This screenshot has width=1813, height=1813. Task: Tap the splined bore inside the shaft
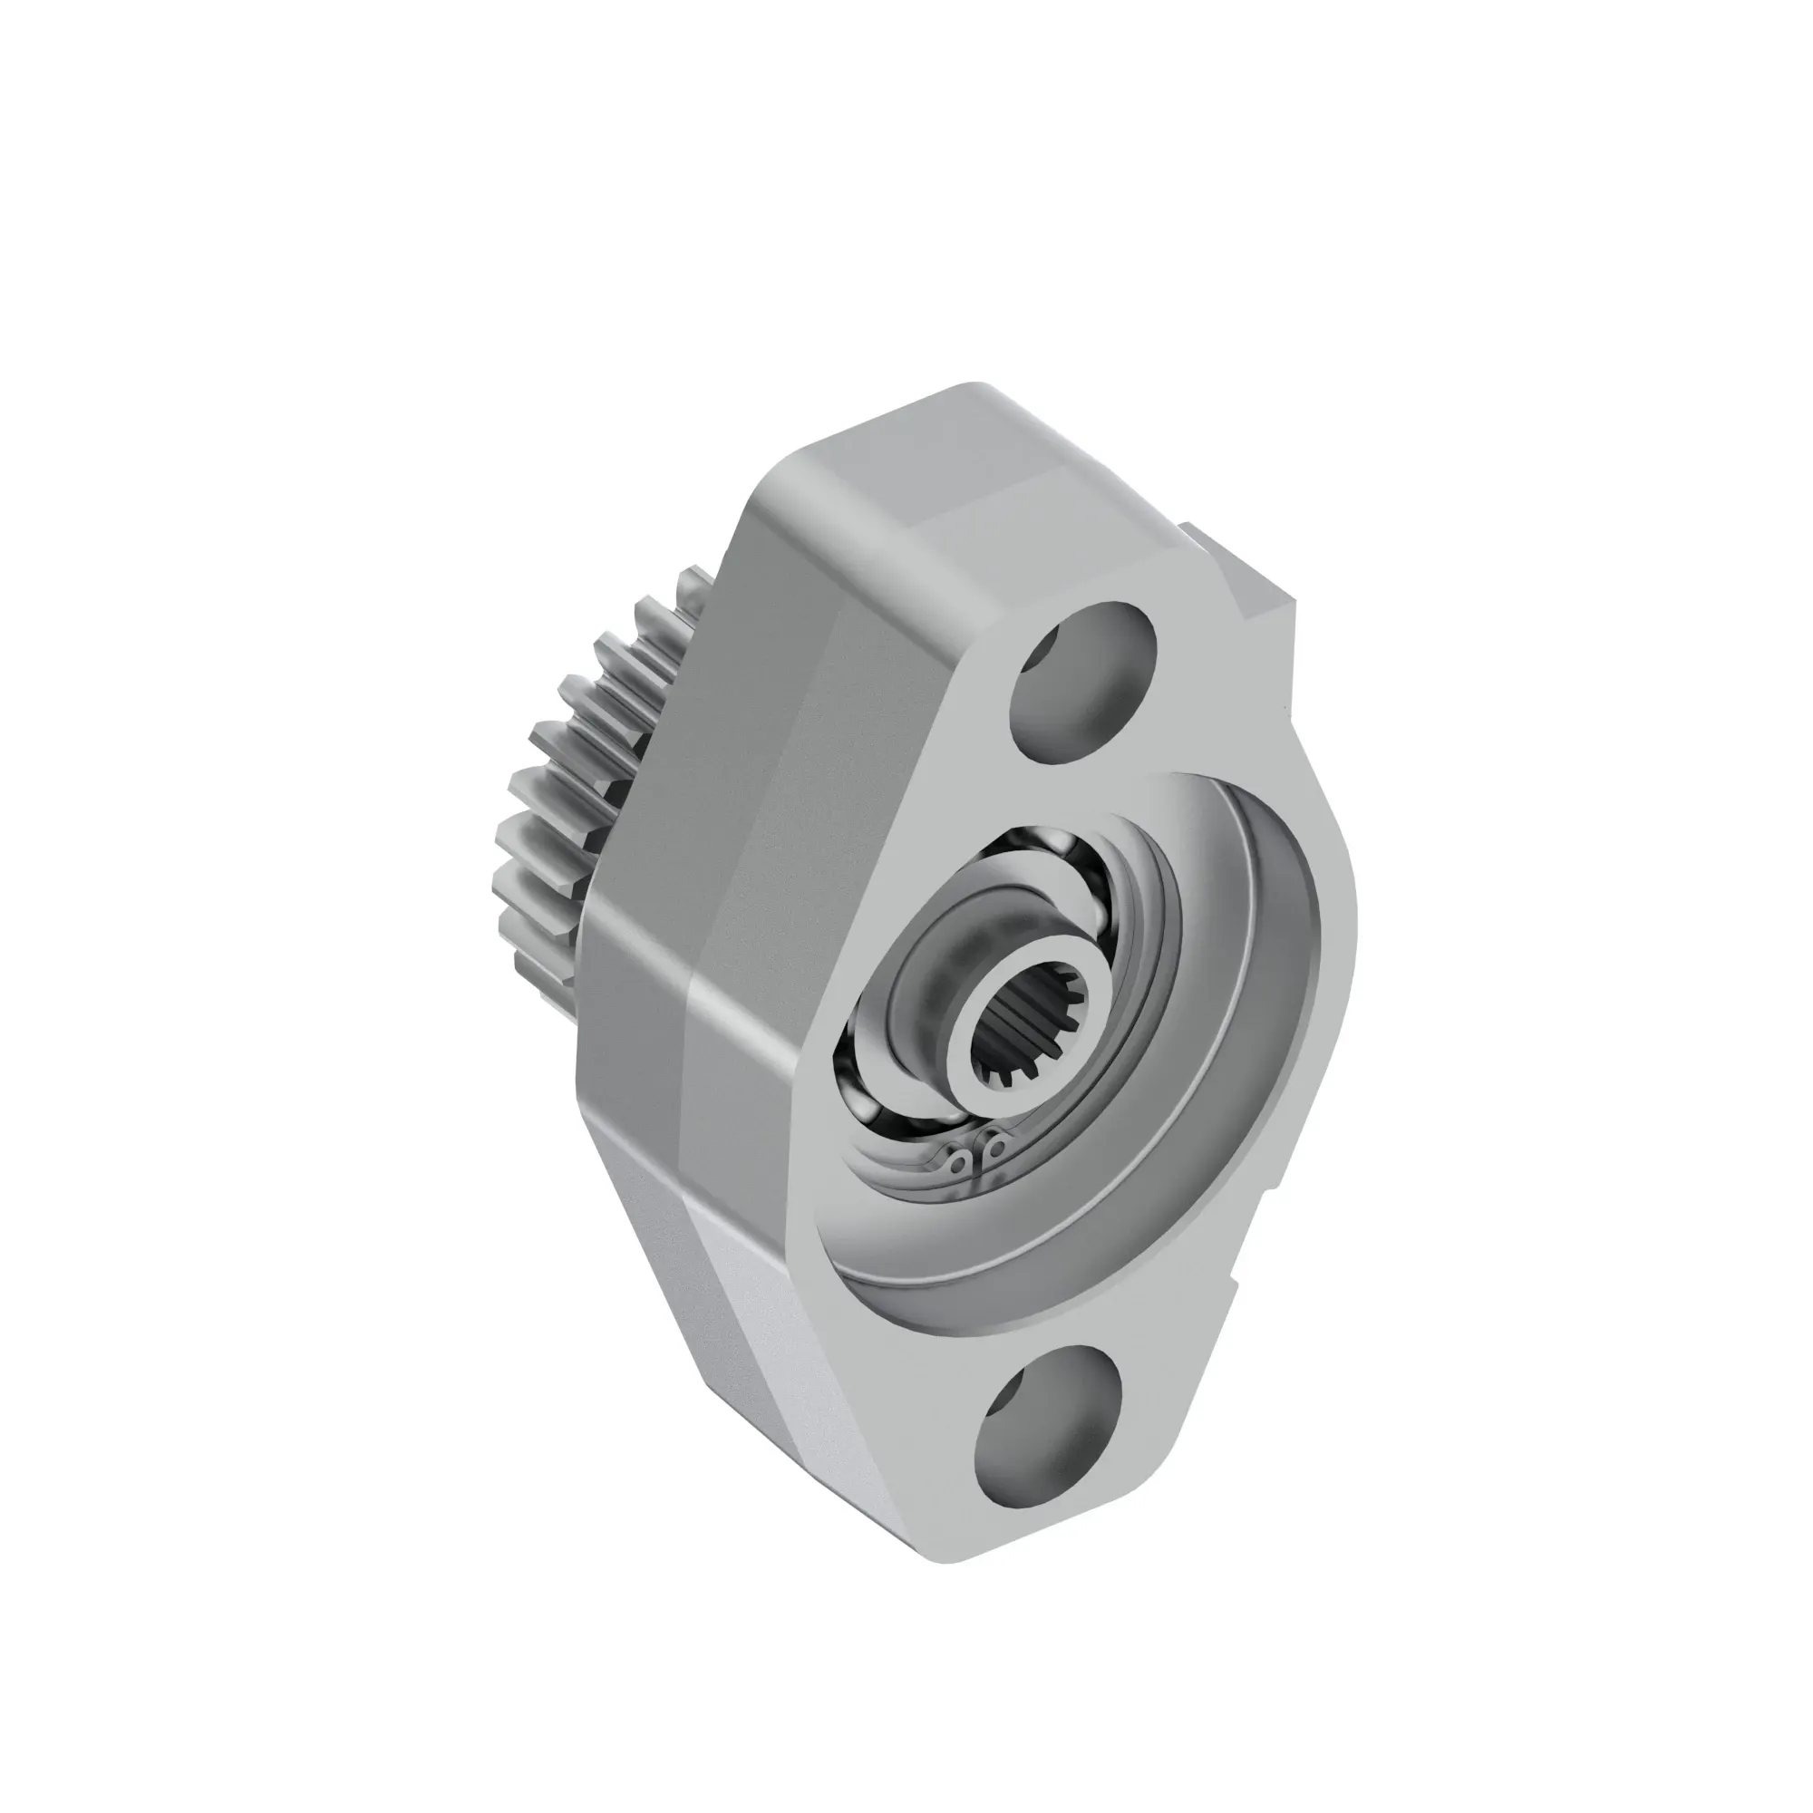coord(1027,1037)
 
